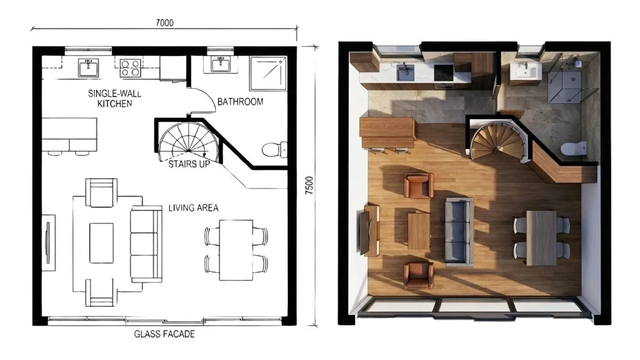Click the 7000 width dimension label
coord(165,23)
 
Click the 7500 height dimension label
coord(309,186)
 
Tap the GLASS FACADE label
coord(165,334)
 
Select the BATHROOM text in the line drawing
coord(241,102)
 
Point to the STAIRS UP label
coord(189,164)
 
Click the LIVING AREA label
coord(194,207)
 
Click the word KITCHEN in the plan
coord(115,103)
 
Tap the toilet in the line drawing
coord(275,149)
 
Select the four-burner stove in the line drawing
coord(130,68)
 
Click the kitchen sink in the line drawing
coord(89,68)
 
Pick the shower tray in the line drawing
coord(268,74)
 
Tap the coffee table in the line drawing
coord(101,243)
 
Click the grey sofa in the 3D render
coord(459,230)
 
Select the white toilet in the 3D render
coord(574,149)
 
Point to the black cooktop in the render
coord(444,73)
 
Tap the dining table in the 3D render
coord(541,238)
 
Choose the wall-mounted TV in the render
coord(365,233)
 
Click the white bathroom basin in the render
coord(526,70)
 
